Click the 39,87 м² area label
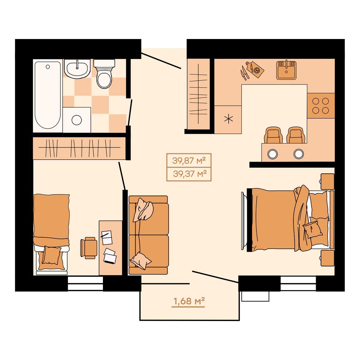189,160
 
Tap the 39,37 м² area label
190,174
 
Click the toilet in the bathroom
104,73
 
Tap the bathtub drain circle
48,67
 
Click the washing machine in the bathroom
77,120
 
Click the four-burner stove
321,106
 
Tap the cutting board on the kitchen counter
254,69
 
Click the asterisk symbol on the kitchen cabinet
229,119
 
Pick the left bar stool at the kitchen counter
273,135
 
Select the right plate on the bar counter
298,154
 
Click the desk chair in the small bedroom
88,248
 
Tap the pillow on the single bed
51,255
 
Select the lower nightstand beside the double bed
327,258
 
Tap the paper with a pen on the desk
107,237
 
